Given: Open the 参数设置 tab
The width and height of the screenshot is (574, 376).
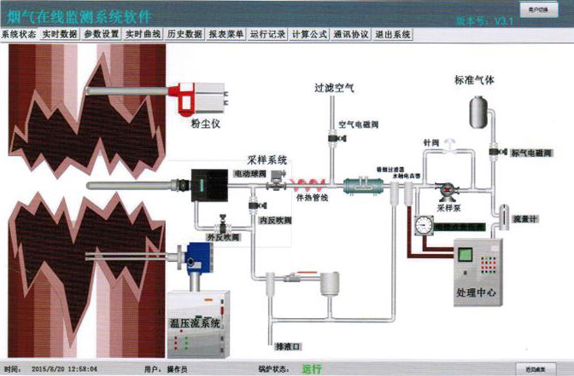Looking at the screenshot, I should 101,34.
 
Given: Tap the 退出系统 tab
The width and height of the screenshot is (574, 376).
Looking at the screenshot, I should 393,34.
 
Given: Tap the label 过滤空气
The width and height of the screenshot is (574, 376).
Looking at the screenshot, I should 333,88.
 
